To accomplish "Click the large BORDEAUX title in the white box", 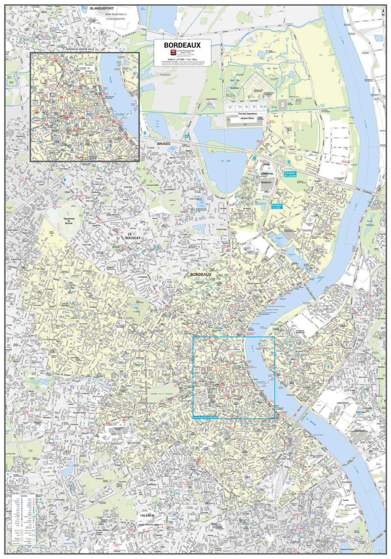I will (187, 45).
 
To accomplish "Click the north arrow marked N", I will (383, 12).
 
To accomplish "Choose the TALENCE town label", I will (147, 515).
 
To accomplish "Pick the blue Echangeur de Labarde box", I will (290, 174).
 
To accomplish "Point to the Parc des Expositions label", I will (248, 114).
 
